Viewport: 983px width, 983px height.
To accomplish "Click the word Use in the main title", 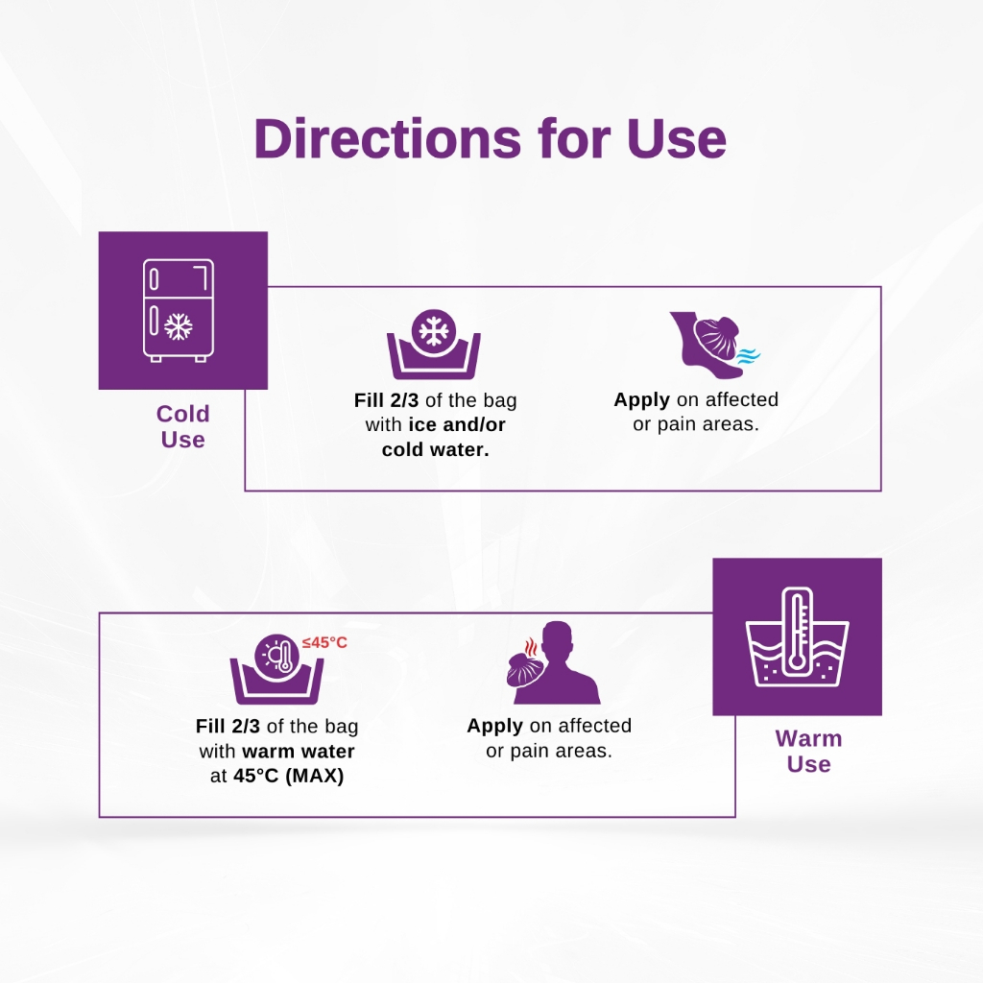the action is [x=677, y=138].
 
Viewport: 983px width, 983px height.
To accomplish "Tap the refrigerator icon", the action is [x=179, y=310].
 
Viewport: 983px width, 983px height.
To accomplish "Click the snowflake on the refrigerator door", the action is [x=179, y=326].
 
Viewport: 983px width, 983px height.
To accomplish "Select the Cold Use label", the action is [x=182, y=426].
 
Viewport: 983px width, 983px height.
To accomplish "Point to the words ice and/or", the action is [x=456, y=424].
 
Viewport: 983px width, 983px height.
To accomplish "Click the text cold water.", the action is [x=435, y=449].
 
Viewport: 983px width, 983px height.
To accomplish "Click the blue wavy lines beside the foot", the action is [x=748, y=356].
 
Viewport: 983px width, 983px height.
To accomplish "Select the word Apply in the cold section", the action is [x=642, y=400].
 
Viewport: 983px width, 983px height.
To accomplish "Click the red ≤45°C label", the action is [x=324, y=642].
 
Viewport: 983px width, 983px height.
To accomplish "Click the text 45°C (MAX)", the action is [x=288, y=776].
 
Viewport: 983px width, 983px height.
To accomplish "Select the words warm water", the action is [x=299, y=751].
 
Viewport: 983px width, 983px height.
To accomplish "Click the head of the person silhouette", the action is [x=558, y=641].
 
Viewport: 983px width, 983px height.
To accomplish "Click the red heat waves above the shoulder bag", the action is [x=530, y=647].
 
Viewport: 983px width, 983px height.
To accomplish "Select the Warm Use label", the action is [x=808, y=751].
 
